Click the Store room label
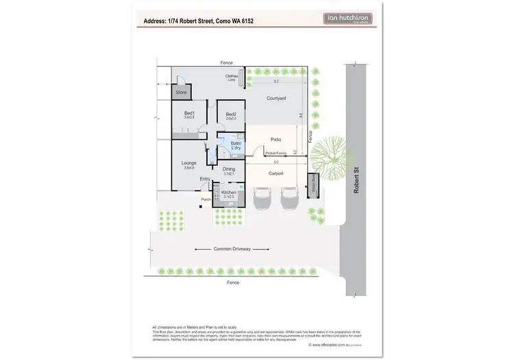click(182, 92)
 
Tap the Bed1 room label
click(189, 113)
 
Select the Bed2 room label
click(231, 115)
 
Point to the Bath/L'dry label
click(235, 145)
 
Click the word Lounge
click(189, 163)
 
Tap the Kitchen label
click(229, 193)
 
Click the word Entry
click(205, 179)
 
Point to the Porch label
click(205, 200)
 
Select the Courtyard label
click(276, 99)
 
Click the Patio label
click(276, 139)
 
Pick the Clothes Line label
click(230, 77)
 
